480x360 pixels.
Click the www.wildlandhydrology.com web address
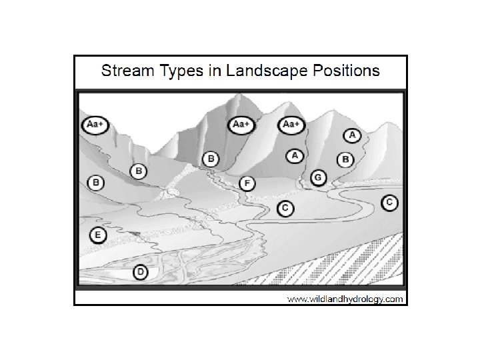coord(345,299)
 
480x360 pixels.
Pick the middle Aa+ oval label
coord(241,125)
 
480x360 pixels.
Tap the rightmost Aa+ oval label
coord(291,125)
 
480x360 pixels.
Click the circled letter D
coord(140,272)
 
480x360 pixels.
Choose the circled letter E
coord(97,235)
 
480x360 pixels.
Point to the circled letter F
coord(247,182)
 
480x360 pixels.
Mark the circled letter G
coord(319,177)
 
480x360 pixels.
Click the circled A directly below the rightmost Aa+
coord(294,156)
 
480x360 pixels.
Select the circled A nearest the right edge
coord(353,135)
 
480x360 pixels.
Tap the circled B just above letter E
coord(96,182)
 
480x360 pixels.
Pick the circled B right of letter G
coord(345,159)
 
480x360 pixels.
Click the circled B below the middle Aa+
coord(211,159)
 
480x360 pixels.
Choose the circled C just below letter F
coord(285,209)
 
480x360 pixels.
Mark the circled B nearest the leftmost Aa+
coord(139,171)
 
